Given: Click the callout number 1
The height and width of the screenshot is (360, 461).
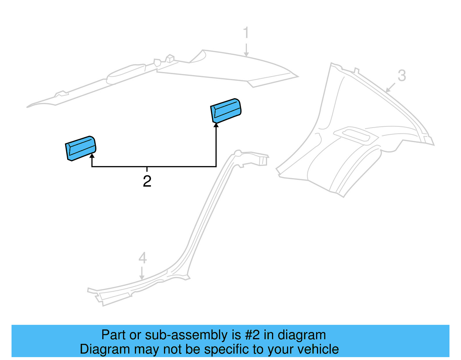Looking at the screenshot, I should point(246,33).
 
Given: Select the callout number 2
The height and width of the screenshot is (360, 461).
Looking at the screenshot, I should point(147,181).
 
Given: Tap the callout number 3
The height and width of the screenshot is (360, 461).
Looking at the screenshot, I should point(402,76).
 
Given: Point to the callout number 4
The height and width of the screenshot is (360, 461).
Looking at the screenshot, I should point(143,258).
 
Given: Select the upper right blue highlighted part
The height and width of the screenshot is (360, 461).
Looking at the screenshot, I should point(226,111).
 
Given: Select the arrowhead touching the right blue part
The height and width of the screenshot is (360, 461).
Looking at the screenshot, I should point(216,125).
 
